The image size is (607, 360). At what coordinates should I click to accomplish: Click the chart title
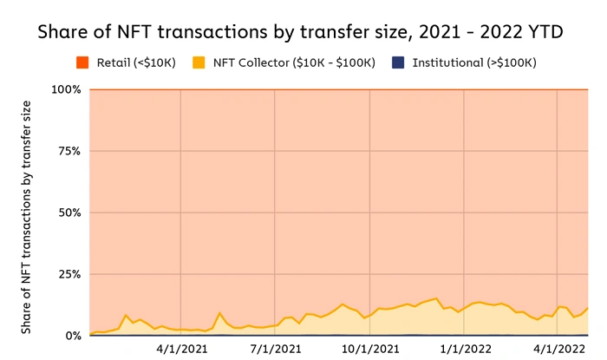(x=303, y=32)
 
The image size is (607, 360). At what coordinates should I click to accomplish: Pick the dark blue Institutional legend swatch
(x=398, y=63)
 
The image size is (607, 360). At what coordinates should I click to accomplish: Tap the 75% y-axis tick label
(x=69, y=151)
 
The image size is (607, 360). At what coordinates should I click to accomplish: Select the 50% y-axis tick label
(x=69, y=213)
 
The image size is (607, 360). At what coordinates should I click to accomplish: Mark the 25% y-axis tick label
(x=69, y=274)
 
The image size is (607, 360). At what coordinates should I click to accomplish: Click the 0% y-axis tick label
(x=72, y=336)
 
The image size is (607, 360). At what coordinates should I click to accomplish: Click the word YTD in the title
(x=547, y=32)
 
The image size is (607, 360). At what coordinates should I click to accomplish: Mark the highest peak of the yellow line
(x=436, y=298)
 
